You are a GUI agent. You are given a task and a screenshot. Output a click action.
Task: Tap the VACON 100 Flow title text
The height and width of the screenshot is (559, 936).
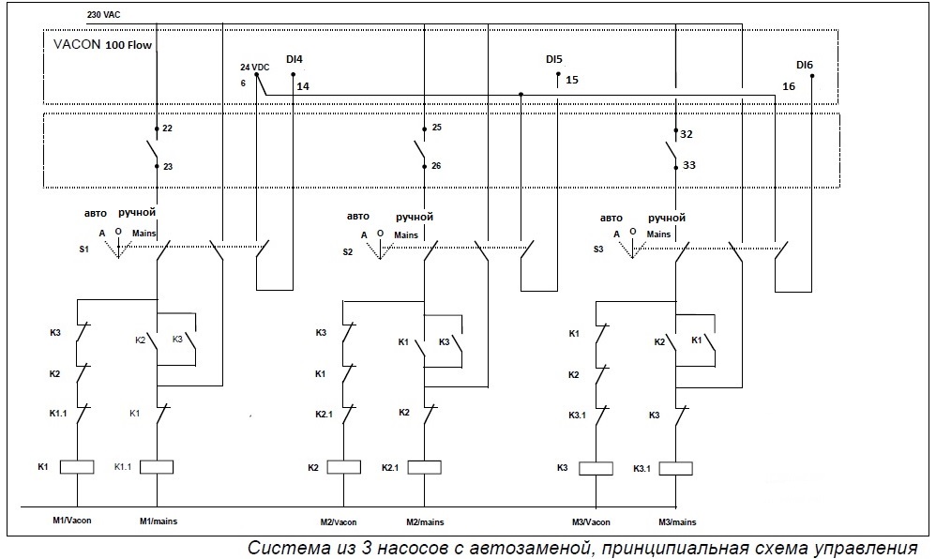pyautogui.click(x=103, y=44)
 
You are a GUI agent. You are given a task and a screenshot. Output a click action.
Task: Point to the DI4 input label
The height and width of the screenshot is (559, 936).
pyautogui.click(x=294, y=60)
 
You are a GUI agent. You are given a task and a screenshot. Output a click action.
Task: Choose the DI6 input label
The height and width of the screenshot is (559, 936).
pyautogui.click(x=805, y=65)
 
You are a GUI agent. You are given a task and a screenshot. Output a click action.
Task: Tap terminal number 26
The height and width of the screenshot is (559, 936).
pyautogui.click(x=437, y=166)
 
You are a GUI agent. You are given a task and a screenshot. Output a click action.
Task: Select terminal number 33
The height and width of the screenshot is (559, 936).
pyautogui.click(x=688, y=166)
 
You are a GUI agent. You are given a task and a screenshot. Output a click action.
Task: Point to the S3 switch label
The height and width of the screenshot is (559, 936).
pyautogui.click(x=597, y=249)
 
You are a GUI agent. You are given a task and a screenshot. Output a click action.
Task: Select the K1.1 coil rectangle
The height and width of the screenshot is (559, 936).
pyautogui.click(x=156, y=466)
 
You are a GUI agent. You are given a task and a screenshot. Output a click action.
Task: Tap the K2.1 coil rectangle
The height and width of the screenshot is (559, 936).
pyautogui.click(x=424, y=467)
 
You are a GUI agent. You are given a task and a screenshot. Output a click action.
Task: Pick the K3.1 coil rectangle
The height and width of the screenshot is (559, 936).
pyautogui.click(x=676, y=467)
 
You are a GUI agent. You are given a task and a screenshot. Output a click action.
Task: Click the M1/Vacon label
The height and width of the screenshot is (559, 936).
pyautogui.click(x=73, y=521)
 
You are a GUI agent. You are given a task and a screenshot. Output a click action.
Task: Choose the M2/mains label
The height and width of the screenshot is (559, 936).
pyautogui.click(x=425, y=521)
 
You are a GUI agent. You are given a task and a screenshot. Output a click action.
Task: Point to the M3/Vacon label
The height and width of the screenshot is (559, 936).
pyautogui.click(x=592, y=521)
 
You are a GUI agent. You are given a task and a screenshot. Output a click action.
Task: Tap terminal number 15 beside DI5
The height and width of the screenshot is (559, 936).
pyautogui.click(x=572, y=81)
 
